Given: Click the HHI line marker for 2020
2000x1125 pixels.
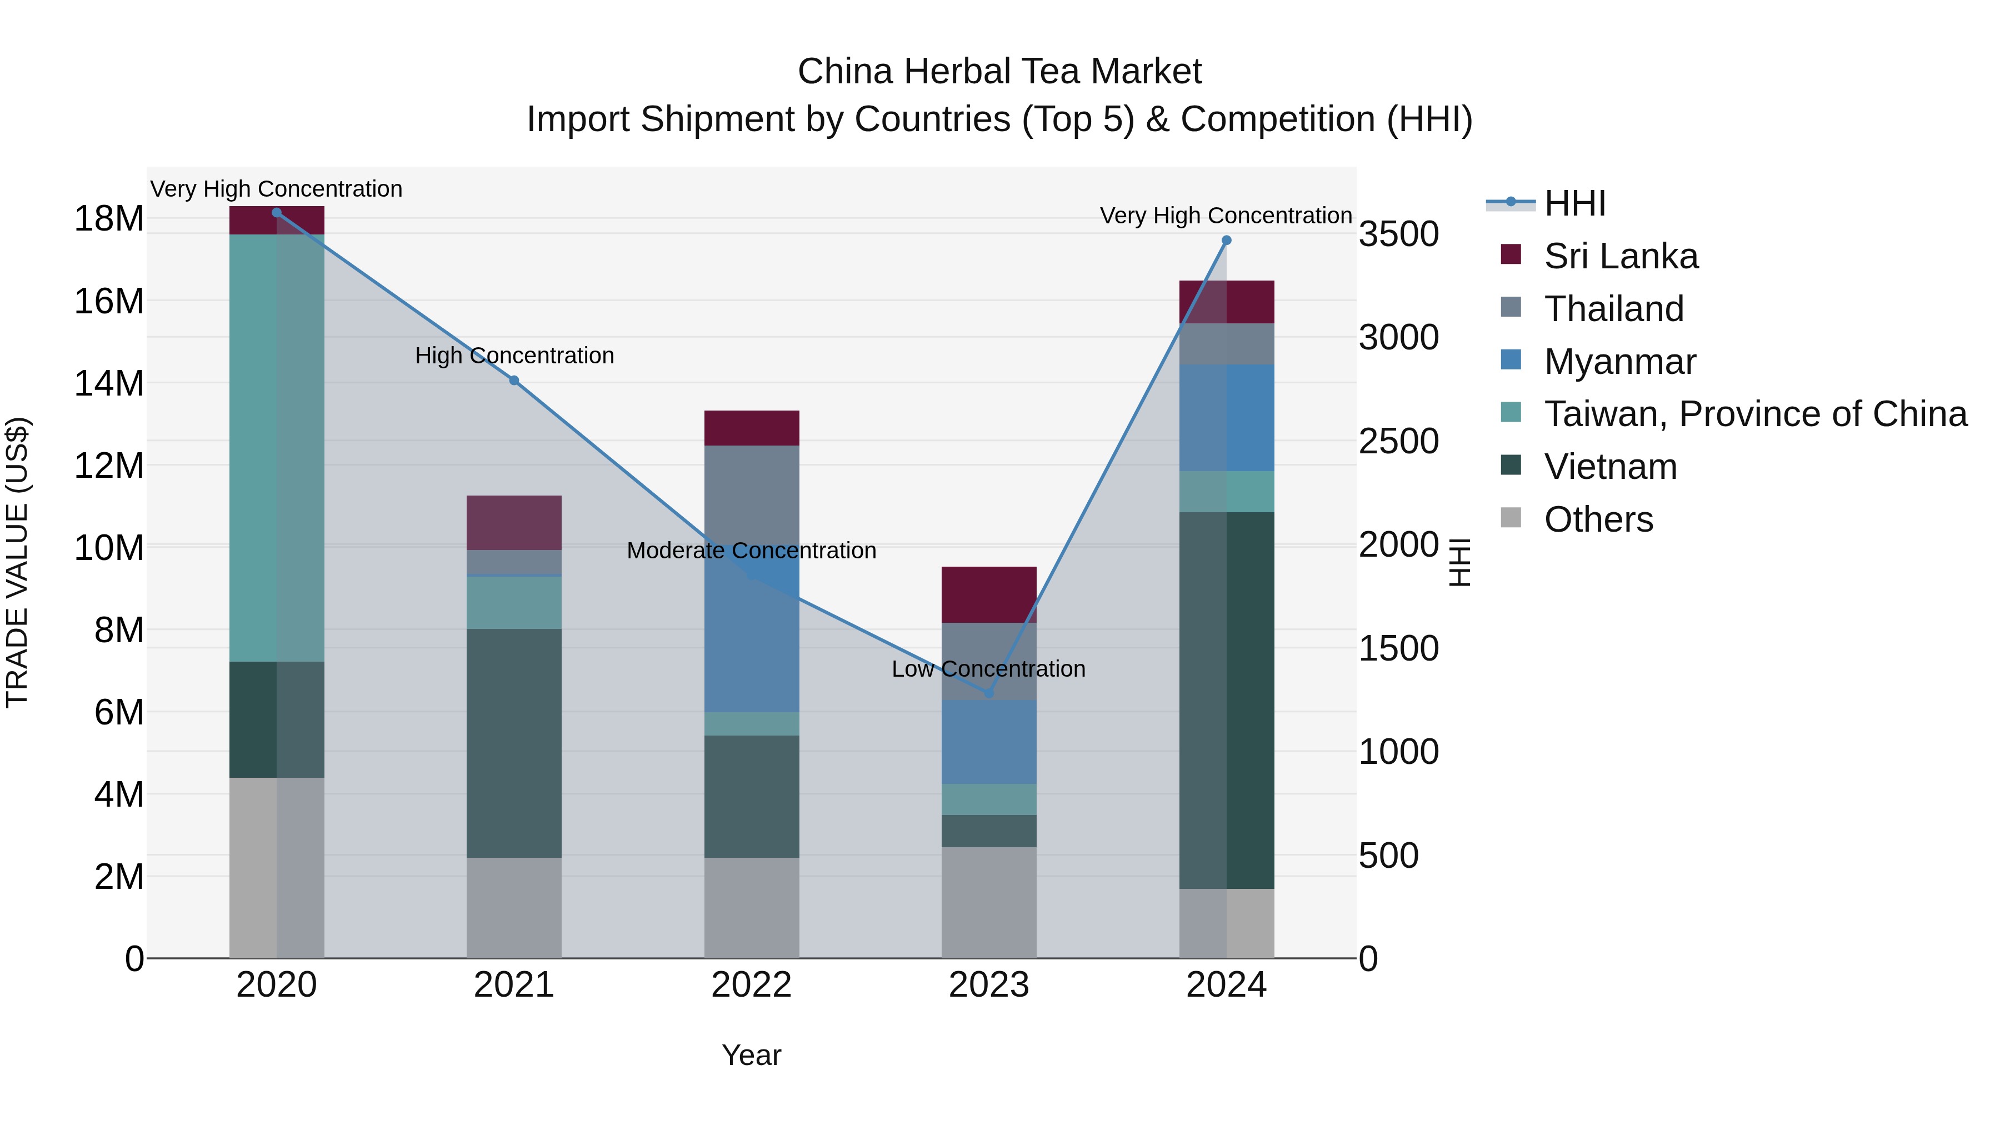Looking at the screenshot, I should click(x=277, y=213).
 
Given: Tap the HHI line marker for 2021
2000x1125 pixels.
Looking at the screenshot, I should click(x=514, y=381).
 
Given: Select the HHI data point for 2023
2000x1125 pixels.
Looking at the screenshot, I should click(x=988, y=693).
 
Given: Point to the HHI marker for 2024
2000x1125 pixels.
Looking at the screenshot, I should click(x=1226, y=241).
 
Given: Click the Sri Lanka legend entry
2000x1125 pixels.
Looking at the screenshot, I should click(x=1621, y=256).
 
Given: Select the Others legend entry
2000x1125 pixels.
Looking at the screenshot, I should click(x=1598, y=519).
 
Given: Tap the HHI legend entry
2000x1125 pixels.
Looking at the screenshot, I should click(x=1574, y=203).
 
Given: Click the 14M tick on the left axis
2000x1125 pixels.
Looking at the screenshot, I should click(x=109, y=383).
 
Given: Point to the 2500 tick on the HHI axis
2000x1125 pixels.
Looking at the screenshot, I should click(x=1398, y=441).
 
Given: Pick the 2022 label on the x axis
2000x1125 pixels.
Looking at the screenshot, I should click(x=751, y=985).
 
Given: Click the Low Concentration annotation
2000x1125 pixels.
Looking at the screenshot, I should click(x=988, y=668).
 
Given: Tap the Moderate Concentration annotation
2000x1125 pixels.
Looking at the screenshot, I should click(x=751, y=551).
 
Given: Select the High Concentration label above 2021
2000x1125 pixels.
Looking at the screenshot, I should click(x=514, y=356).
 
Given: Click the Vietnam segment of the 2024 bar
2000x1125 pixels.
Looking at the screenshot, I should click(x=1226, y=699).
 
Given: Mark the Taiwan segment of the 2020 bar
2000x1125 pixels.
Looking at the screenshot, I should click(x=277, y=447).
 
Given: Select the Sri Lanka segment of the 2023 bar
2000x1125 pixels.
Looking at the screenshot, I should click(x=988, y=594).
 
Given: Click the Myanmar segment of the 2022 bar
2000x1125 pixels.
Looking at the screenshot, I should click(x=751, y=644).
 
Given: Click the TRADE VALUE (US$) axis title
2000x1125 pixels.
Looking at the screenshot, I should click(x=17, y=562).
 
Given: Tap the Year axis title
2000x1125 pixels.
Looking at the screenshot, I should click(x=751, y=1055).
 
